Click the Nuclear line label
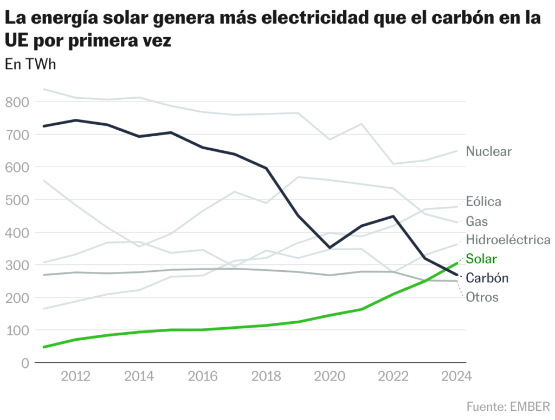(489, 151)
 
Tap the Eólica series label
(483, 202)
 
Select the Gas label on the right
(477, 221)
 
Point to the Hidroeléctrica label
(508, 240)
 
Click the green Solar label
(481, 258)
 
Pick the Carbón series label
(487, 278)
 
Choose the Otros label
(482, 297)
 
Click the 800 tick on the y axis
(17, 102)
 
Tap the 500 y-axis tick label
(17, 200)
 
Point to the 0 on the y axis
(25, 363)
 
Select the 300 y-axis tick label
(17, 265)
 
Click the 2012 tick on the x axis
(75, 377)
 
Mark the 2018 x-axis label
(266, 377)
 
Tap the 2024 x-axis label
(456, 377)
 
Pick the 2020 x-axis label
(330, 377)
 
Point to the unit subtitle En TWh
(30, 64)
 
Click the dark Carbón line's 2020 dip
(330, 247)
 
